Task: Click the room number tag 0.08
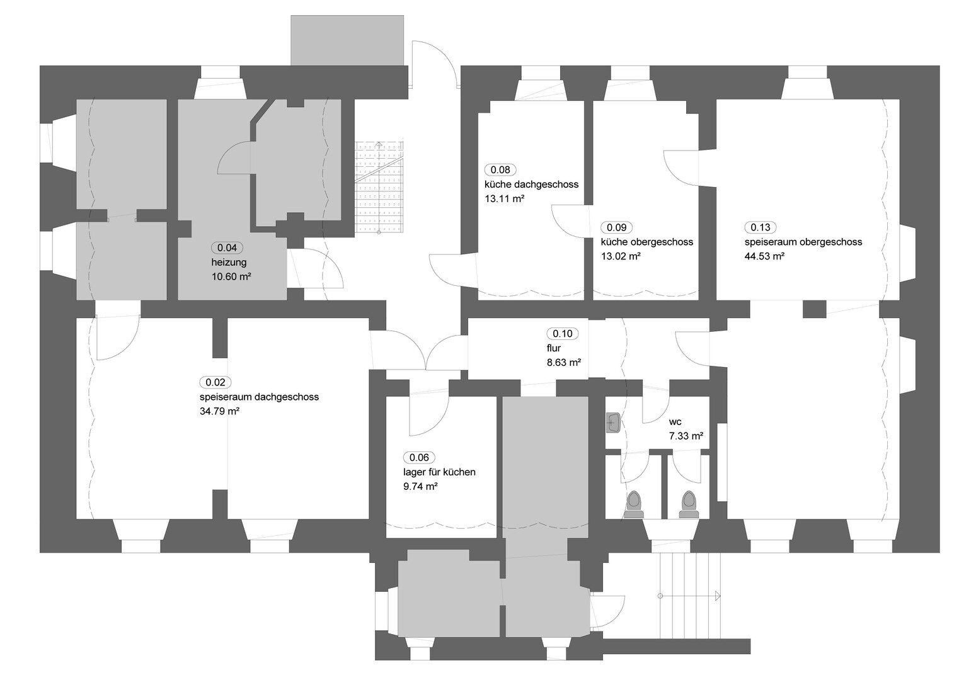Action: tap(500, 170)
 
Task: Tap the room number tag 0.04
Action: tap(227, 247)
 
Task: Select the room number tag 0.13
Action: tap(761, 227)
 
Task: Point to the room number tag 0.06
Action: tap(419, 458)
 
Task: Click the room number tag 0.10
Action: tap(563, 334)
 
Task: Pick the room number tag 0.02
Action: tap(215, 383)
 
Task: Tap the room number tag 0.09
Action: tap(616, 227)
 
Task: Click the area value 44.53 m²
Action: tap(765, 256)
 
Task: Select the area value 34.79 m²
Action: tap(220, 411)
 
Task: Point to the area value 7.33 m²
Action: tap(686, 436)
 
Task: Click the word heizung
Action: tap(229, 263)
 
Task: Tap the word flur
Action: tap(554, 348)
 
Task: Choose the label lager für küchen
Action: tap(439, 472)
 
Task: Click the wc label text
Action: tap(675, 422)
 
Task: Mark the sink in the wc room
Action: tap(613, 423)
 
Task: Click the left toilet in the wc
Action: tap(634, 504)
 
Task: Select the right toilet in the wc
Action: tap(689, 504)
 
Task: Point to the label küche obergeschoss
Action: tap(647, 242)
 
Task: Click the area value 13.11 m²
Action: tap(504, 199)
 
